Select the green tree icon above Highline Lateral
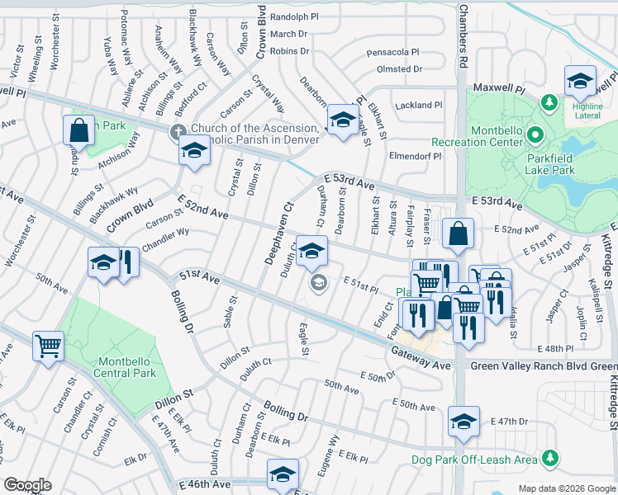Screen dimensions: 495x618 coord(547,101)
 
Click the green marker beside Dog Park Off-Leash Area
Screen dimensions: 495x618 coord(549,459)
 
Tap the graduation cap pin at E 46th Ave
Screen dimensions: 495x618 coord(282,475)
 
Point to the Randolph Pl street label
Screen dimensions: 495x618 coord(294,16)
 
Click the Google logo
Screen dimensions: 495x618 coord(28,485)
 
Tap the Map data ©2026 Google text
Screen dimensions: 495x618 coord(566,488)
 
